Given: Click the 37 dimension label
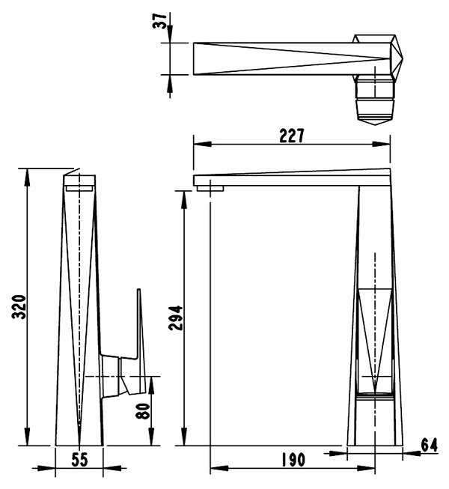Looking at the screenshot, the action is (x=159, y=21).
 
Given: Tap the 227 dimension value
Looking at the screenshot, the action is (x=291, y=136).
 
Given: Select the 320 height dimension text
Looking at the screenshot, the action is (x=19, y=306).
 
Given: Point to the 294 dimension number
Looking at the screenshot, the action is (x=176, y=318).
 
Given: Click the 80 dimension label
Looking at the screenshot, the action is (x=143, y=410).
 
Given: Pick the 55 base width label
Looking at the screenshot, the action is (x=80, y=459).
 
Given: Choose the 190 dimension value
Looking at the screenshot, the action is (x=293, y=460).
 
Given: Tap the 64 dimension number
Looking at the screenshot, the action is (x=429, y=445).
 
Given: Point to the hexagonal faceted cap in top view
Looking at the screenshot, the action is (x=378, y=58).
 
